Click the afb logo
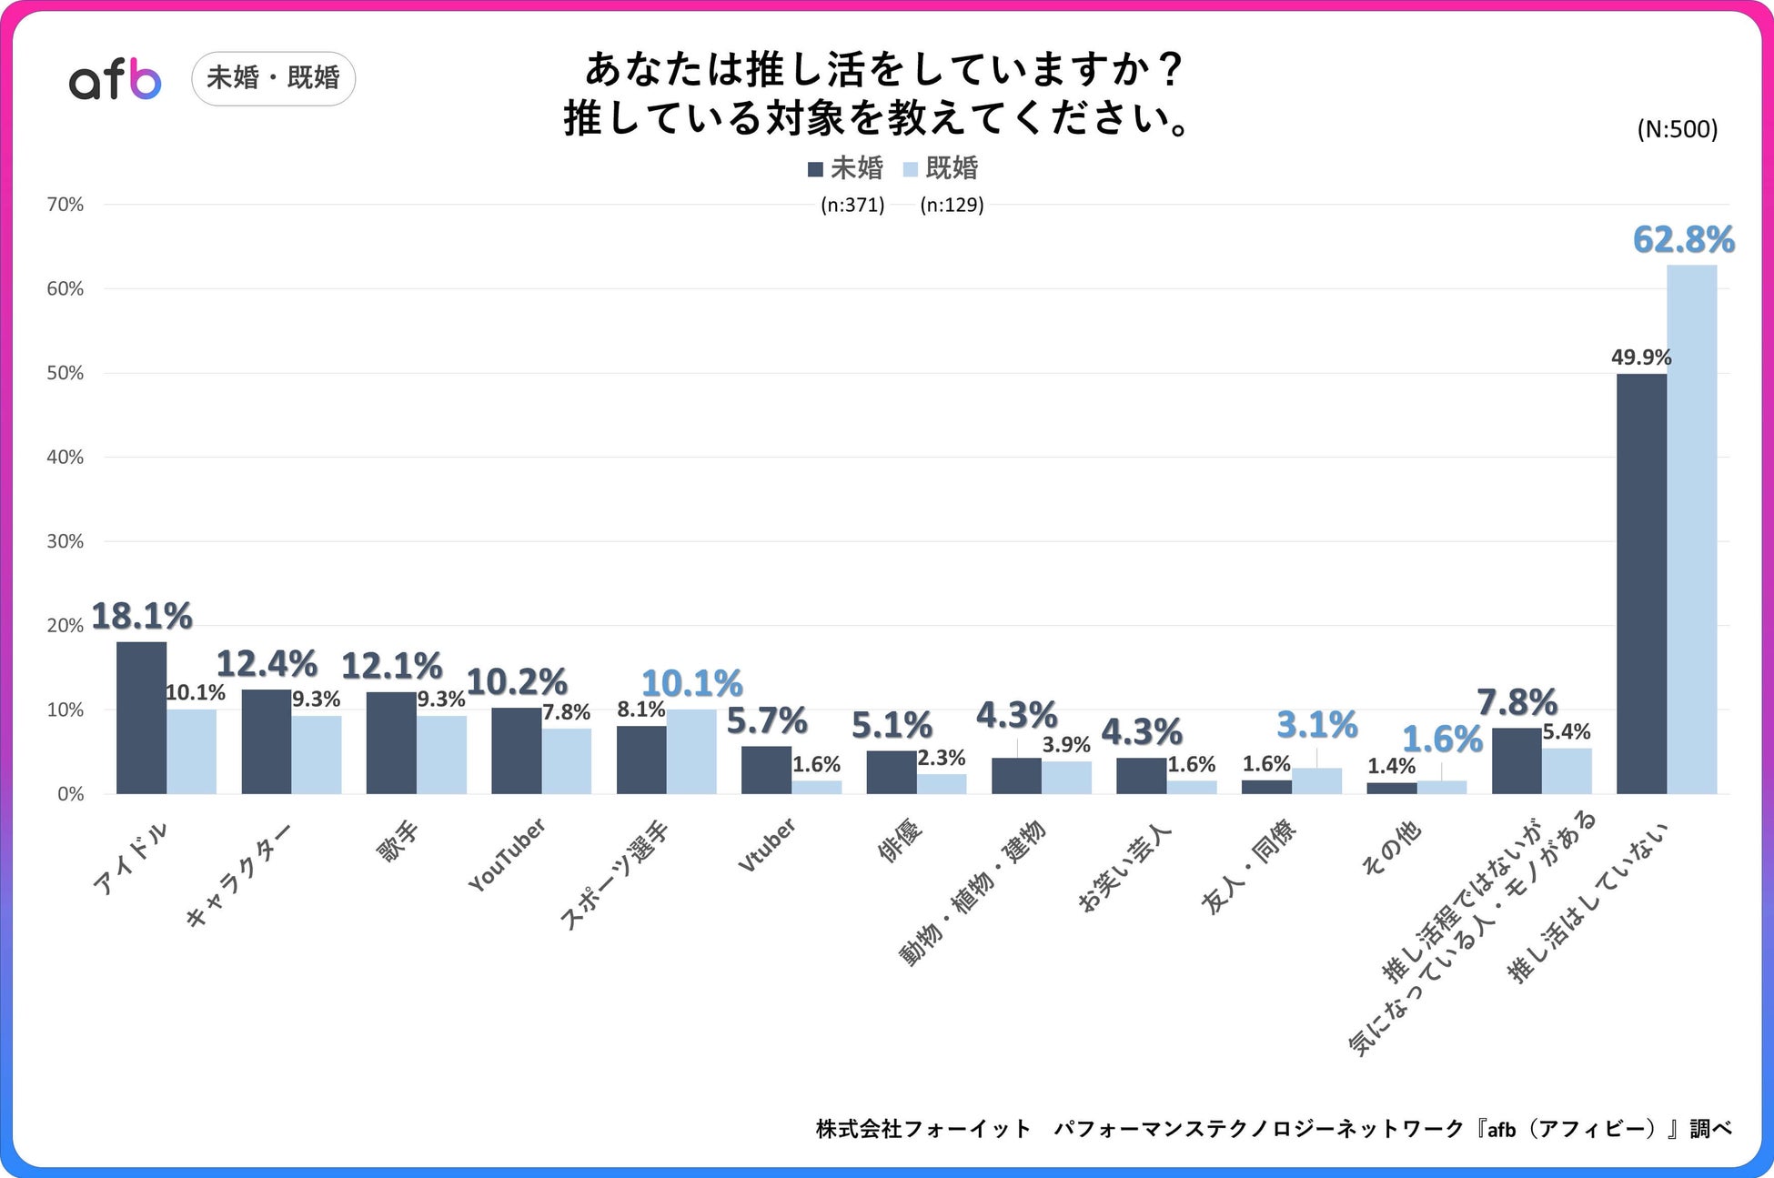point(116,80)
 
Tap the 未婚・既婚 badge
point(273,78)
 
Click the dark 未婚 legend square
point(815,169)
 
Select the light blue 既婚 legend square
point(911,169)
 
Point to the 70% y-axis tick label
point(66,205)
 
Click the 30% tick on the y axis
point(66,541)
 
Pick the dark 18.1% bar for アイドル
point(141,718)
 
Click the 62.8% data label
point(1683,240)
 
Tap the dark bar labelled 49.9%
point(1641,583)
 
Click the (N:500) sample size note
point(1677,129)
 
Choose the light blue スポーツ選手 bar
point(691,751)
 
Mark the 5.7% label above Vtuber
point(766,721)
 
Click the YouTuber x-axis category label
point(508,854)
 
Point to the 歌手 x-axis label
point(398,841)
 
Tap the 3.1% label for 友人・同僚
point(1316,725)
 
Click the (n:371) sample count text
point(852,205)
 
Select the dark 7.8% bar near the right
point(1517,760)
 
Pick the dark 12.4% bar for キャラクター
point(266,741)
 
